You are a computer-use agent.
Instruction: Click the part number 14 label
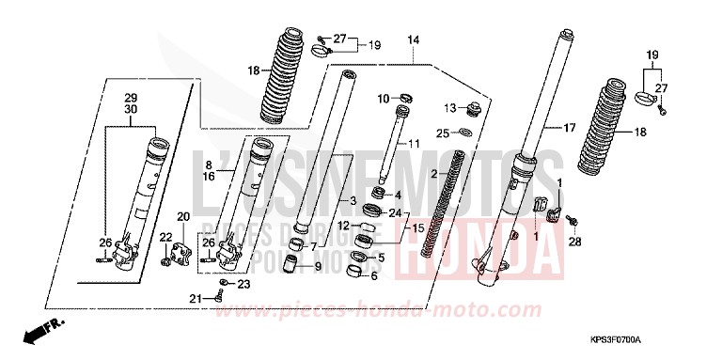(413, 39)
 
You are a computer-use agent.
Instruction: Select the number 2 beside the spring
(434, 175)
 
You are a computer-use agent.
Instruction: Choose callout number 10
(384, 98)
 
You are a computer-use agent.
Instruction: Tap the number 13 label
(450, 106)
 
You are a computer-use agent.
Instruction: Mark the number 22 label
(164, 237)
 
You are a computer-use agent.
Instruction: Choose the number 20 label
(182, 216)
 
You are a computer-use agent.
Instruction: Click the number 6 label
(373, 275)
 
